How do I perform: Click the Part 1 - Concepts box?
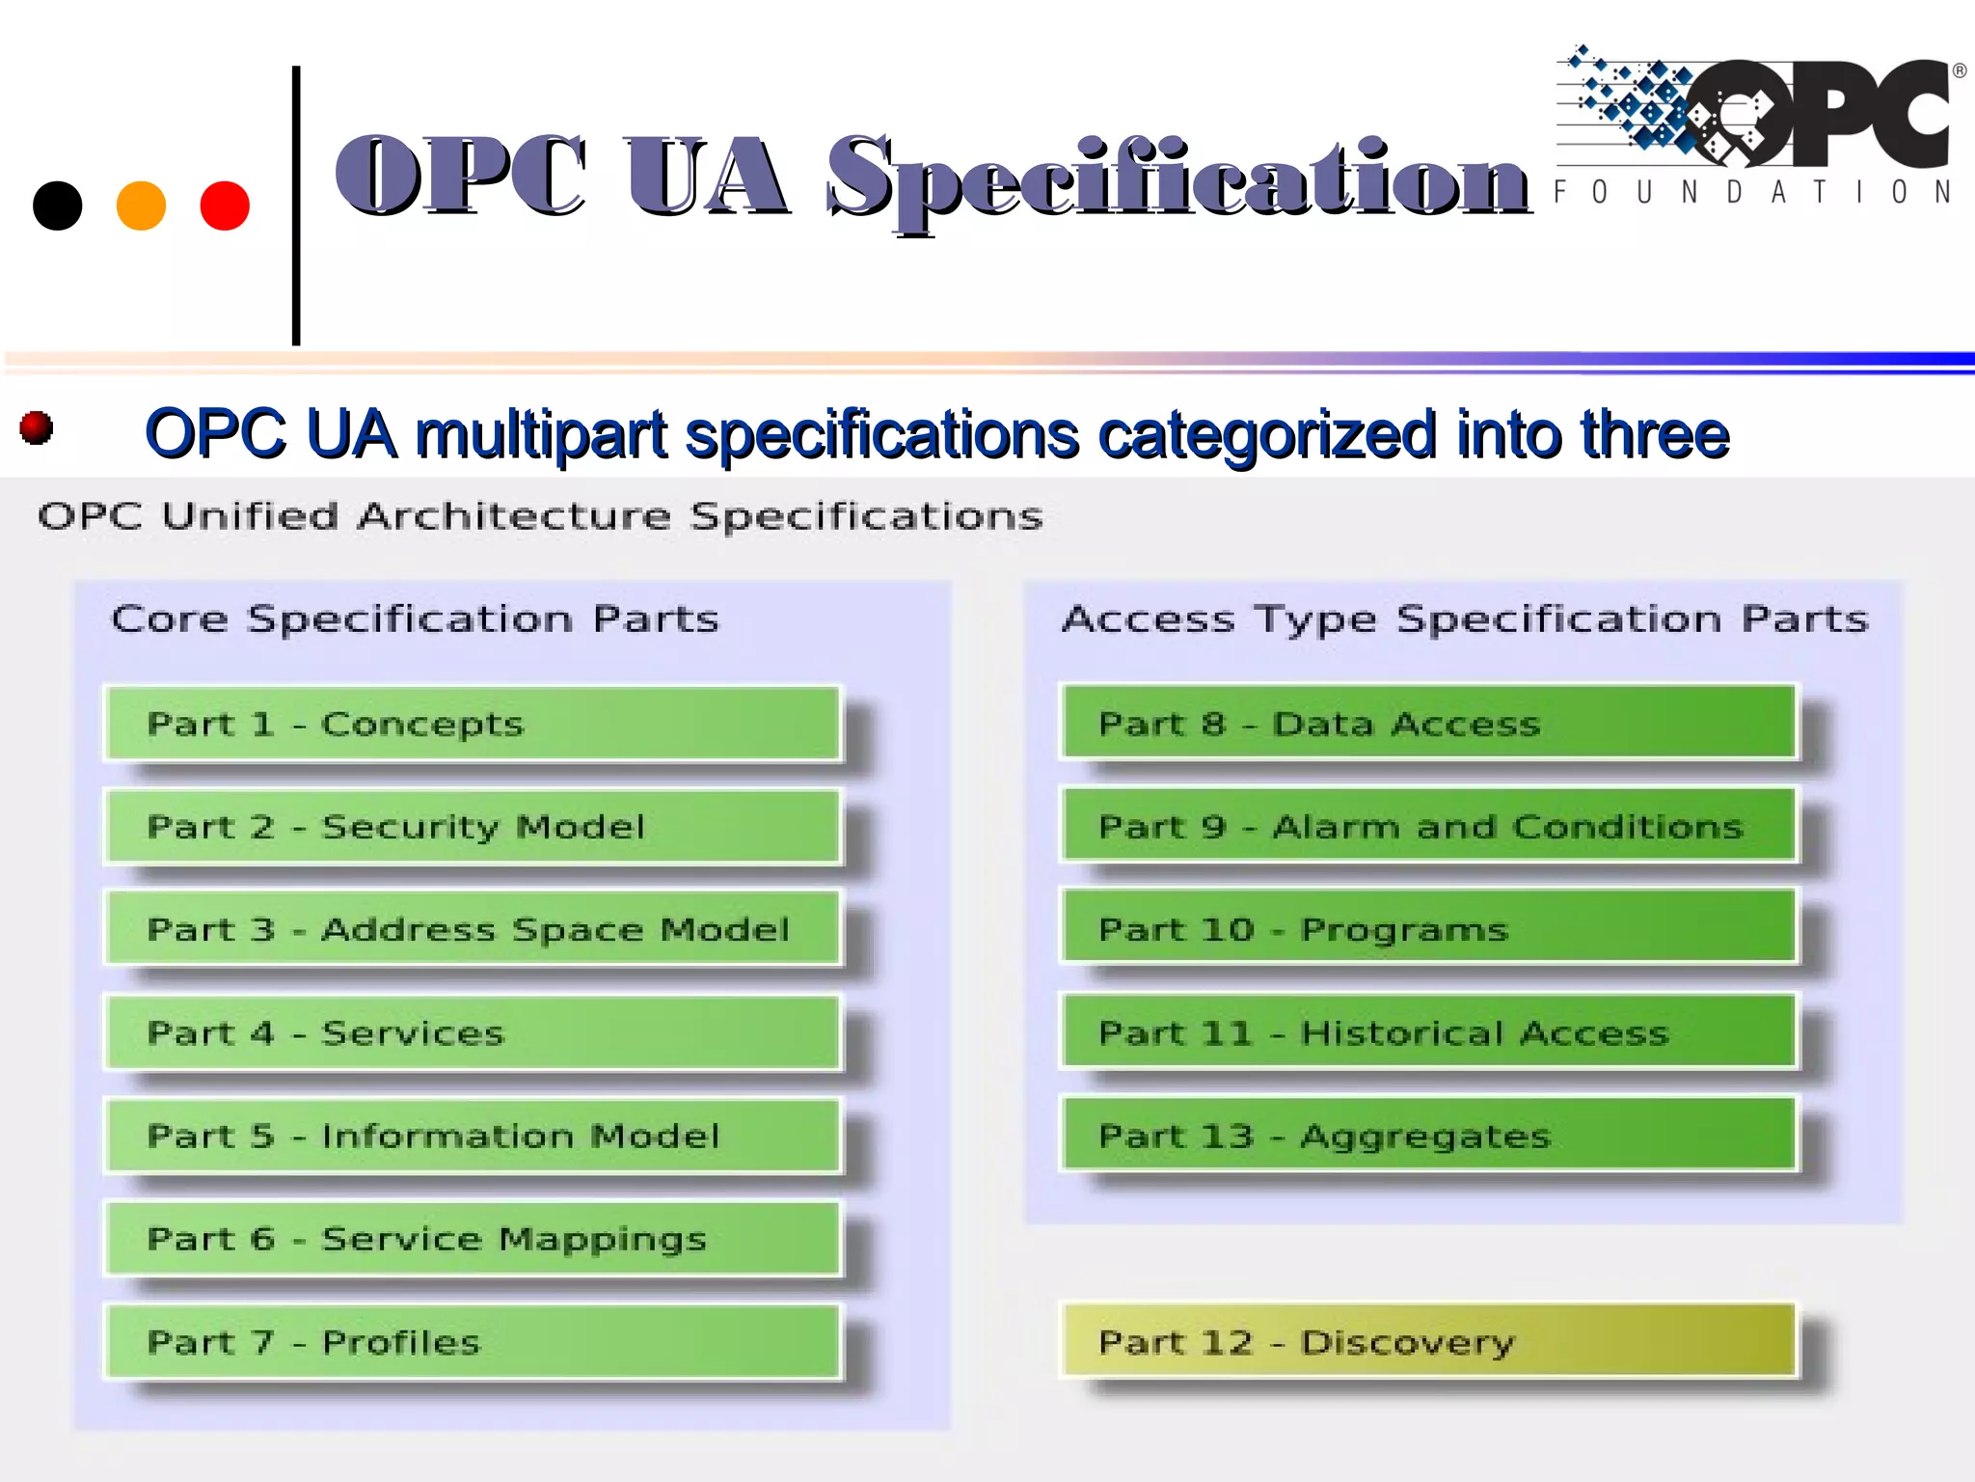pyautogui.click(x=473, y=724)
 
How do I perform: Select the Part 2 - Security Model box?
pyautogui.click(x=473, y=827)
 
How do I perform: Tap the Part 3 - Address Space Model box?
pyautogui.click(x=473, y=929)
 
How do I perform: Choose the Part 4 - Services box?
pyautogui.click(x=473, y=1032)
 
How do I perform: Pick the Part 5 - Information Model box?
pyautogui.click(x=473, y=1136)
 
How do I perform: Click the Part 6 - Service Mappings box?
pyautogui.click(x=473, y=1239)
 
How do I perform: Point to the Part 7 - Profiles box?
pyautogui.click(x=473, y=1342)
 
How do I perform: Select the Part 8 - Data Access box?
pyautogui.click(x=1427, y=723)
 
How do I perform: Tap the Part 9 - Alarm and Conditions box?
pyautogui.click(x=1427, y=826)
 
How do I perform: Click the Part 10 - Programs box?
pyautogui.click(x=1427, y=929)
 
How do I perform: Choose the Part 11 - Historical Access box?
pyautogui.click(x=1427, y=1032)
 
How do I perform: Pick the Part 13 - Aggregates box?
pyautogui.click(x=1427, y=1136)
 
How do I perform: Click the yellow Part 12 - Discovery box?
pyautogui.click(x=1427, y=1341)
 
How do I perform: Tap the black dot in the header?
pyautogui.click(x=58, y=206)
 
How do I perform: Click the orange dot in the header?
pyautogui.click(x=141, y=206)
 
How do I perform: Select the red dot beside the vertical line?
pyautogui.click(x=225, y=206)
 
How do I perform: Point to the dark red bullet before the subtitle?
pyautogui.click(x=37, y=427)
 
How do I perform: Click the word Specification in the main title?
pyautogui.click(x=1177, y=178)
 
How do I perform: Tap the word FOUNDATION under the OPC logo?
pyautogui.click(x=1753, y=192)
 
